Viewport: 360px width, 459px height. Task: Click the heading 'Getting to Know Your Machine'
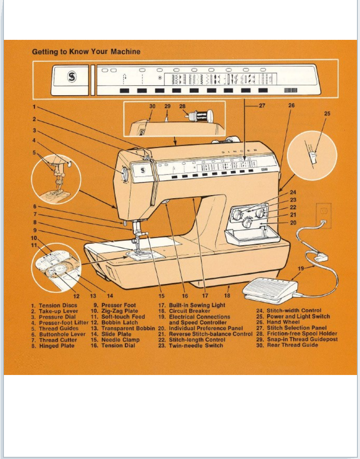click(x=86, y=52)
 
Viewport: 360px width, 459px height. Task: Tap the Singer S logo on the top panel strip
click(x=71, y=78)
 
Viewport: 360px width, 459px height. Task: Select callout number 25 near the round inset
click(x=327, y=113)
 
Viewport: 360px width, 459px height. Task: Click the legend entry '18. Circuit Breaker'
click(x=184, y=311)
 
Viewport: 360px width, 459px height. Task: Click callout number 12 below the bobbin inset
click(x=76, y=297)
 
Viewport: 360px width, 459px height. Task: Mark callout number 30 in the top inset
click(x=152, y=105)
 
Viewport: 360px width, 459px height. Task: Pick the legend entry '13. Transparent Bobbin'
click(x=122, y=328)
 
